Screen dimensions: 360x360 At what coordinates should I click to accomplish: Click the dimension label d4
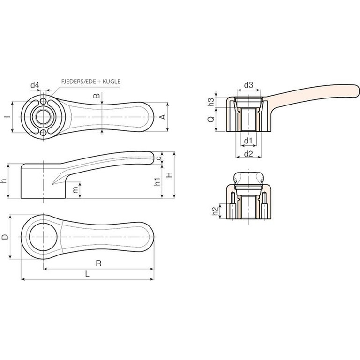coord(35,85)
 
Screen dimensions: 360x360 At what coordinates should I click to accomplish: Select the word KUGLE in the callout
coord(111,81)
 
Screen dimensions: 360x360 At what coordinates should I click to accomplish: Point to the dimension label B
coord(97,96)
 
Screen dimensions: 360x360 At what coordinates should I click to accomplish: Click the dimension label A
coord(163,117)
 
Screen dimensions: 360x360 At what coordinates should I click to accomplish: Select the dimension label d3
coord(248,85)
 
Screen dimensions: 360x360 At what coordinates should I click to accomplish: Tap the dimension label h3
coord(211,102)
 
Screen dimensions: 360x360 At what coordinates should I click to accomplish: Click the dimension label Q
coord(211,119)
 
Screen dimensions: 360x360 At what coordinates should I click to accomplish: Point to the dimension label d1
coord(248,141)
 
